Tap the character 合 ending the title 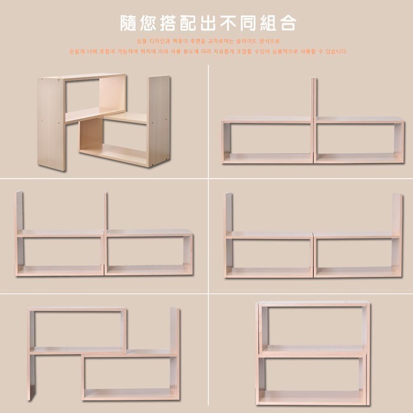tap(288, 24)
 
